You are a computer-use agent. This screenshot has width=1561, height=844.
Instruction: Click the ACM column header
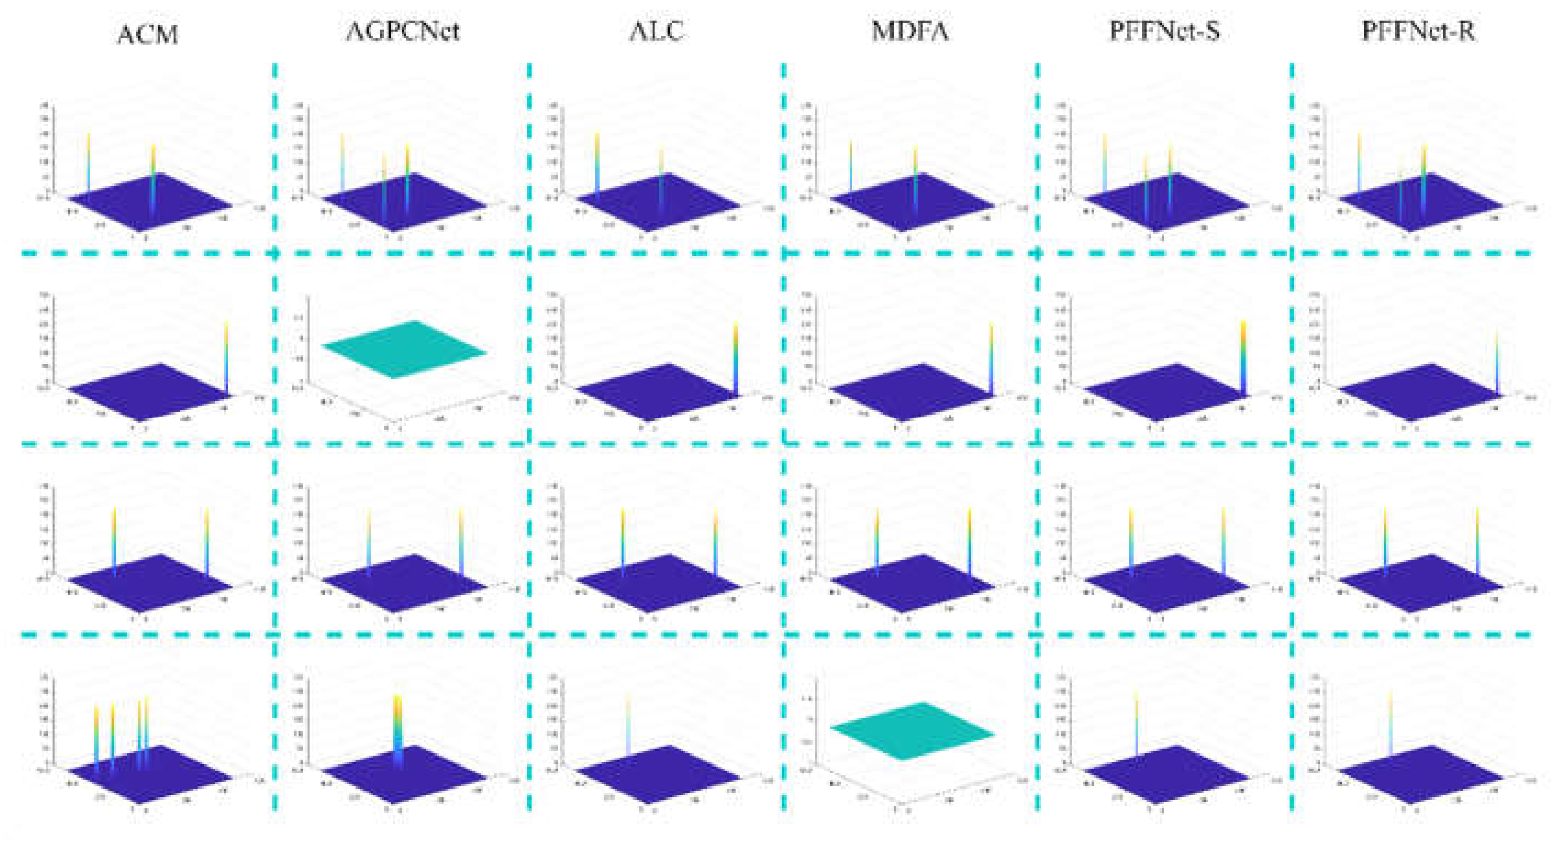point(148,34)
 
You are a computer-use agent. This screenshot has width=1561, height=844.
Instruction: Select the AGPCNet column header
point(403,30)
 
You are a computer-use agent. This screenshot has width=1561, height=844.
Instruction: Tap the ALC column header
point(657,30)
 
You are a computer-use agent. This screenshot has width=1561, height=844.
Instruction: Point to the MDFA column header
point(910,30)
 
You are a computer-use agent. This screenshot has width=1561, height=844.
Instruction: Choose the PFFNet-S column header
point(1164,30)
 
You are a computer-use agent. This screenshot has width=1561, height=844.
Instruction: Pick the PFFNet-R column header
point(1419,30)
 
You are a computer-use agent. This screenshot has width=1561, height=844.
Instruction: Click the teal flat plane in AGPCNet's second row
point(404,349)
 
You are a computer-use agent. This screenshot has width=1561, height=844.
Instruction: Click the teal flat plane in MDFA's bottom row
point(912,731)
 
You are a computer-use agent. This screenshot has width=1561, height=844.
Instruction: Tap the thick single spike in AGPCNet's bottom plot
point(398,727)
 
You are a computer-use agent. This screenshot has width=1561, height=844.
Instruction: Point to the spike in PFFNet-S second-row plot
point(1243,357)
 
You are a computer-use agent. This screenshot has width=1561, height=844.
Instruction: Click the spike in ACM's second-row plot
point(226,357)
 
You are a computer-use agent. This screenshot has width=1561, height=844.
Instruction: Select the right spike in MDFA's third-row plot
point(969,539)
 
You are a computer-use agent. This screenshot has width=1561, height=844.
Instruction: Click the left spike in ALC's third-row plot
point(622,539)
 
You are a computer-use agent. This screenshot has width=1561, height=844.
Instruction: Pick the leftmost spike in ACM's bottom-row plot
point(96,736)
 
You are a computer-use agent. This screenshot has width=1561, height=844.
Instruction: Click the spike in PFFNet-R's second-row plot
point(1497,364)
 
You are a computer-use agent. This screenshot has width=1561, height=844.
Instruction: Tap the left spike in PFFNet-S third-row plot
point(1131,539)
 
